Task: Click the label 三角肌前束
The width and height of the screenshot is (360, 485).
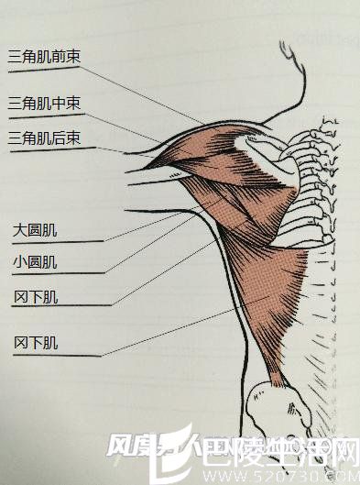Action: click(x=44, y=57)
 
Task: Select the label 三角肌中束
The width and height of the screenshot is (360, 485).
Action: click(x=44, y=102)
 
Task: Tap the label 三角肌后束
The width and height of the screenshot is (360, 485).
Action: click(x=44, y=138)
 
